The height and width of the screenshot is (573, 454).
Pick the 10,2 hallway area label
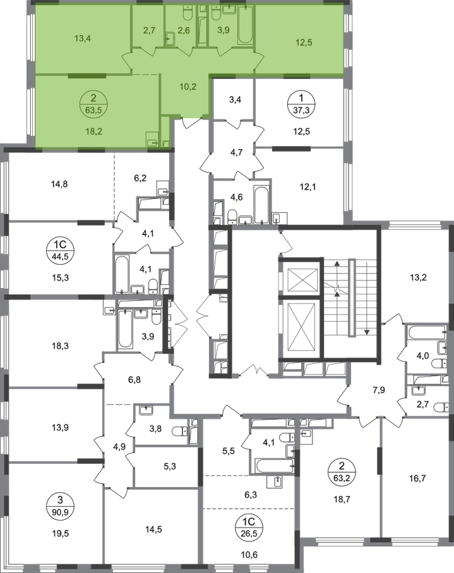pyautogui.click(x=187, y=88)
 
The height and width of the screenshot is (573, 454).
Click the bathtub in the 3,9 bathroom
pyautogui.click(x=244, y=25)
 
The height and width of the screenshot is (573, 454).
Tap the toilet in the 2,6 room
pyautogui.click(x=188, y=11)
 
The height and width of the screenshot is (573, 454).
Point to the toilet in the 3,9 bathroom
pyautogui.click(x=217, y=11)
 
